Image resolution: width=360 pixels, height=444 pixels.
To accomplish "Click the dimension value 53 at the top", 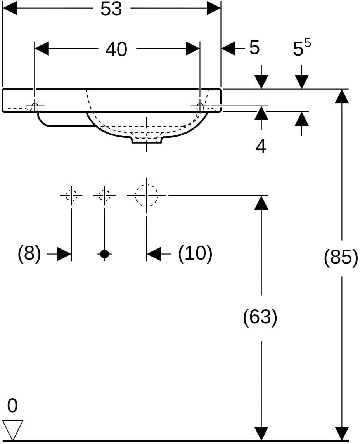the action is tap(111, 9).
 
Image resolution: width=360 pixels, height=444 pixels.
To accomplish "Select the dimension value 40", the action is tap(116, 49).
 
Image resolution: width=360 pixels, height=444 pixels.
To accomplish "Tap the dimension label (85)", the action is tap(341, 258).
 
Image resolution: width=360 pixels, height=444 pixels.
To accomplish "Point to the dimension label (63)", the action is tap(260, 317).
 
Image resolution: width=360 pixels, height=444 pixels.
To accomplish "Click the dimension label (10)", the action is tap(195, 253).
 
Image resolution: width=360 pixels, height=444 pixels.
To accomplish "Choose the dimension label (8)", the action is tap(29, 253).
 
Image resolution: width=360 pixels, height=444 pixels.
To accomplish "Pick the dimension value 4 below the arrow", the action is tap(261, 147).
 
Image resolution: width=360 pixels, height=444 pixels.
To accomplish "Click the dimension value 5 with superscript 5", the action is tap(301, 48).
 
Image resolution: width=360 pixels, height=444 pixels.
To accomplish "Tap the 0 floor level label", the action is tap(12, 406).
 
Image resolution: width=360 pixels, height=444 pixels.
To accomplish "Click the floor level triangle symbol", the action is tap(13, 430).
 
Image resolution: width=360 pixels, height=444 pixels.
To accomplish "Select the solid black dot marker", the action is tap(104, 254).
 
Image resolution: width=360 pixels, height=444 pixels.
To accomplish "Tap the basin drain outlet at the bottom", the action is tap(146, 140).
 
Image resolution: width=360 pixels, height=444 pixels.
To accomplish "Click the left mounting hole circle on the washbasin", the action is tap(35, 106).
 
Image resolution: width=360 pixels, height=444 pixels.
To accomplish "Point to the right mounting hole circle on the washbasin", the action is tap(200, 106).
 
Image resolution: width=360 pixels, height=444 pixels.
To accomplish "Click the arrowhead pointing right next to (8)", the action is tap(64, 254).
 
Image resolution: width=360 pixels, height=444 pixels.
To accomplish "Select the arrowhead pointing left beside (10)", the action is tap(154, 254).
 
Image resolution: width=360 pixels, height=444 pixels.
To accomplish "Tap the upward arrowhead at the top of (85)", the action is tap(342, 96).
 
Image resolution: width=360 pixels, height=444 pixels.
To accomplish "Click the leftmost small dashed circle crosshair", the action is tap(71, 195).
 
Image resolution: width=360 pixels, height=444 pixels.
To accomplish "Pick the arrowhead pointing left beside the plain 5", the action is tap(228, 49).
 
